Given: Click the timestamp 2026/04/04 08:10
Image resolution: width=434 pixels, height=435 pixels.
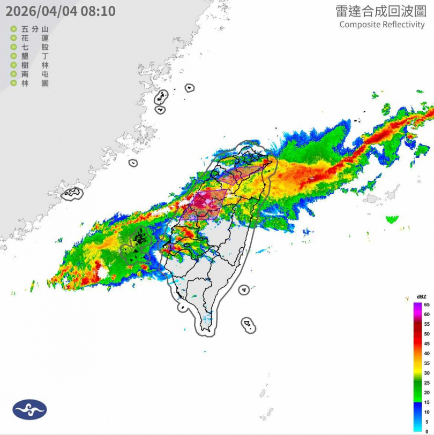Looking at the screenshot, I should coord(61,11).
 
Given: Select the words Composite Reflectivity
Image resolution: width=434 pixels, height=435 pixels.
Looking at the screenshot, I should coord(381,25).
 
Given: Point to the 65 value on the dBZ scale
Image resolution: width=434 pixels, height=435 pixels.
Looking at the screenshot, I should coord(426,304).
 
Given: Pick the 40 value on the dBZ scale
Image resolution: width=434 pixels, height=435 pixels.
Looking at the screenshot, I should coord(426,353).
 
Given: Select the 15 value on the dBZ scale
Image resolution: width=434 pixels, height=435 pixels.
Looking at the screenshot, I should coord(426,402).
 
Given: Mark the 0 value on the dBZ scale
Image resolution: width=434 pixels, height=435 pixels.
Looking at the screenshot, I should coord(426,431).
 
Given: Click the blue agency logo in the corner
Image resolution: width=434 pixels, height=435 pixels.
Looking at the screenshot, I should coord(29,409).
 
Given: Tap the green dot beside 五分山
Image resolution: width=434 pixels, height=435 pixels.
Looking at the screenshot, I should coord(13,30).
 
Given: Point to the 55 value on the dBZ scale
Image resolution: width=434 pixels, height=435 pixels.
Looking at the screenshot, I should coord(426,324).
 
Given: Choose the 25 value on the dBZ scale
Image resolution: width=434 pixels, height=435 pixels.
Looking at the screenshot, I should coord(426,383).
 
